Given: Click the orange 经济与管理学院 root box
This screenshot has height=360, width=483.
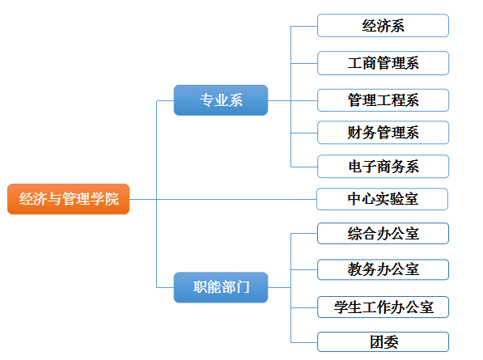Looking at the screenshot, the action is (69, 199).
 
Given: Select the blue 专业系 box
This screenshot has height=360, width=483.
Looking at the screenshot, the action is (221, 100).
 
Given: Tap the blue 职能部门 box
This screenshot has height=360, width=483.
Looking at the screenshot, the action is (221, 287).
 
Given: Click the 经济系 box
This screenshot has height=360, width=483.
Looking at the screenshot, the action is (383, 26).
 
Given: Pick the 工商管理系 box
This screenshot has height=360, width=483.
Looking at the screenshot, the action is (383, 63).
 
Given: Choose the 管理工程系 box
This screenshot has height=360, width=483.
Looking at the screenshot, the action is (383, 100).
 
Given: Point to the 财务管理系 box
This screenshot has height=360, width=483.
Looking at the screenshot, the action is (383, 133).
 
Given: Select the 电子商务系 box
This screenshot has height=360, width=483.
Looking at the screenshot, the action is (383, 167).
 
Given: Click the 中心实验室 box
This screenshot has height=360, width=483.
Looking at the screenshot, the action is (382, 199).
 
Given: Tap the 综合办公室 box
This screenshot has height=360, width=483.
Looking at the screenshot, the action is (383, 234).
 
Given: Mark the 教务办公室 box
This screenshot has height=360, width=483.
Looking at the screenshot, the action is (383, 269).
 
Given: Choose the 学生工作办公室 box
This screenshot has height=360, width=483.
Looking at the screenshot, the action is (383, 307).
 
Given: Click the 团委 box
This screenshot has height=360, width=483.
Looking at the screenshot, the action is (383, 342).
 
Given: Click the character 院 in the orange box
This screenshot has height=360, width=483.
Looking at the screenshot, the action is (112, 199).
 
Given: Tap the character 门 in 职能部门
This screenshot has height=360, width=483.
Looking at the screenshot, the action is (243, 287).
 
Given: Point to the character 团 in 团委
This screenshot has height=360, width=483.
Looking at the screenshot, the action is (377, 342).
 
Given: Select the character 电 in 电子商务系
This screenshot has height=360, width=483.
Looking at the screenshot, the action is (355, 167).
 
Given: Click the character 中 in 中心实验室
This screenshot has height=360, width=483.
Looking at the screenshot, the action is (354, 199).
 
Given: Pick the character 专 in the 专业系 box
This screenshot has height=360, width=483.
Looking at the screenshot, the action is (206, 100).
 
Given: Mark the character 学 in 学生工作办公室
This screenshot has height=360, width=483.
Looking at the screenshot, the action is (341, 307).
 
